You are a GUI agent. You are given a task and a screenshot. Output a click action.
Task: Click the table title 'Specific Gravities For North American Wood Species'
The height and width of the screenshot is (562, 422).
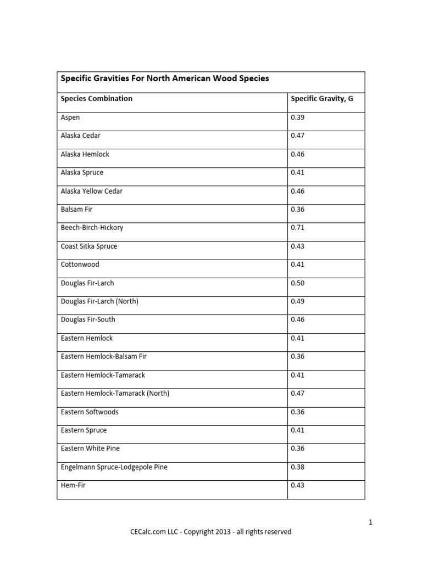(x=165, y=78)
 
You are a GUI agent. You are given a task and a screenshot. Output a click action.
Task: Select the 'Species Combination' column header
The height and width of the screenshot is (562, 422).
(x=96, y=99)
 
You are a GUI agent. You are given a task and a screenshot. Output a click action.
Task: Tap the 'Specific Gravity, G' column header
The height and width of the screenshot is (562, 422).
(x=321, y=99)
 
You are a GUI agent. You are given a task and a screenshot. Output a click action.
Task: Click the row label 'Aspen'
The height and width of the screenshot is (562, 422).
(x=70, y=117)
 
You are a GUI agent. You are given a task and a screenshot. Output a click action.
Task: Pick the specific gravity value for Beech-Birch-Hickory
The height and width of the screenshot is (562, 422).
(x=297, y=228)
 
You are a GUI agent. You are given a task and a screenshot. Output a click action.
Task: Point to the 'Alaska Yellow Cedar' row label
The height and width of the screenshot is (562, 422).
(x=91, y=191)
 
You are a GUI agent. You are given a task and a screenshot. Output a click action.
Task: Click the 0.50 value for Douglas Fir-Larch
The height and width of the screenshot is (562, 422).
(x=297, y=283)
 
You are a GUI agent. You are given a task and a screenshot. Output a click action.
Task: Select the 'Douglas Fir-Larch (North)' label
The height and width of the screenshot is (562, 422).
(x=99, y=301)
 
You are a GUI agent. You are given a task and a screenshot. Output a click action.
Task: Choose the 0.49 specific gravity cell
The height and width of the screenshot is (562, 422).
(x=297, y=301)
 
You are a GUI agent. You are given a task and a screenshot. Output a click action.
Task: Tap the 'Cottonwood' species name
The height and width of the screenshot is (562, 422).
(x=80, y=265)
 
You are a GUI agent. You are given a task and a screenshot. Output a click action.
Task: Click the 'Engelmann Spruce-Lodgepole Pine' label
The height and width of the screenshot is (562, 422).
(x=114, y=467)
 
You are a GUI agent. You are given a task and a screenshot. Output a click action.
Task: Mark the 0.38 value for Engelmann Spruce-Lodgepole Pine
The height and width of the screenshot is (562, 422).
(x=297, y=467)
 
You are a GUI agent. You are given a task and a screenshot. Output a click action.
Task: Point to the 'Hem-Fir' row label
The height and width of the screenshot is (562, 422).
(x=73, y=485)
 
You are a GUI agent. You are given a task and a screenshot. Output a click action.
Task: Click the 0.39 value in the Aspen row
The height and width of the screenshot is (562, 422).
(x=297, y=117)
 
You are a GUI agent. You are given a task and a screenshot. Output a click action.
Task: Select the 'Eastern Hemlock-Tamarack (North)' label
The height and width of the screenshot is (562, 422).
(x=115, y=394)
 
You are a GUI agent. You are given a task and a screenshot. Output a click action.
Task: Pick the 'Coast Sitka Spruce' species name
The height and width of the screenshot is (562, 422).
(x=88, y=246)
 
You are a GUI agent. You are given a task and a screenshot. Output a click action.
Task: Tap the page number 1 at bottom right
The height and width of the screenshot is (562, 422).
(x=371, y=522)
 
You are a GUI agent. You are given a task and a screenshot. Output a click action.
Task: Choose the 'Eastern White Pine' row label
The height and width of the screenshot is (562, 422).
(x=90, y=448)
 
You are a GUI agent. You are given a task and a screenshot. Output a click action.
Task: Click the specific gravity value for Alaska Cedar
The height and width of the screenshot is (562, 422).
(x=297, y=136)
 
